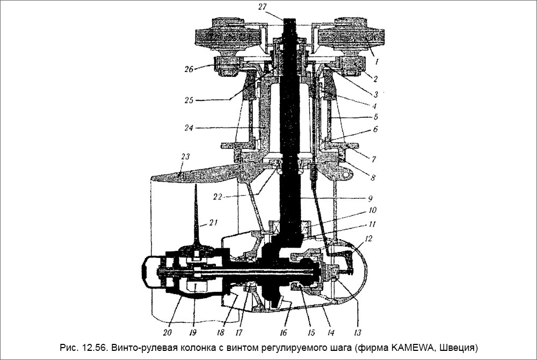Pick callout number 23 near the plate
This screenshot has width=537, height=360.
click(186, 157)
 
